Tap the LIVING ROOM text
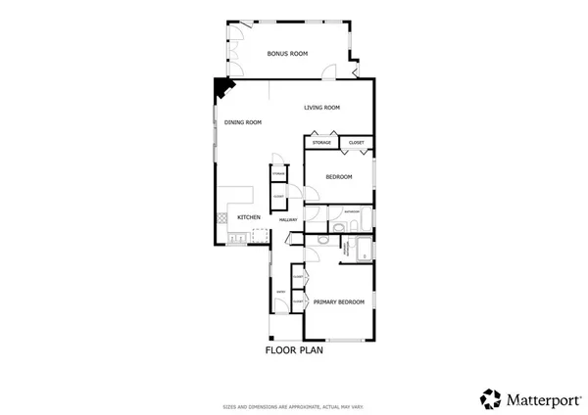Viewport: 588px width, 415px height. (x=321, y=108)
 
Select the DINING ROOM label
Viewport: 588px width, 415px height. (x=243, y=122)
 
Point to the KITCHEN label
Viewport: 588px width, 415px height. (x=249, y=217)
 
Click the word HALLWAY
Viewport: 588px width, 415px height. (x=288, y=219)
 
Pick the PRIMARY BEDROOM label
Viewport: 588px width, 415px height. (x=339, y=302)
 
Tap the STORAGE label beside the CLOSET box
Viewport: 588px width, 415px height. (x=322, y=144)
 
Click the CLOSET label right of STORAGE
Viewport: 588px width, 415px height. (x=356, y=144)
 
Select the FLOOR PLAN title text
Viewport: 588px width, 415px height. (x=295, y=349)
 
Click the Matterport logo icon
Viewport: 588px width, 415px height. (x=490, y=398)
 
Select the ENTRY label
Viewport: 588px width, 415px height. (x=281, y=291)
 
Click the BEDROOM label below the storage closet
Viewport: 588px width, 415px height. (x=339, y=176)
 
